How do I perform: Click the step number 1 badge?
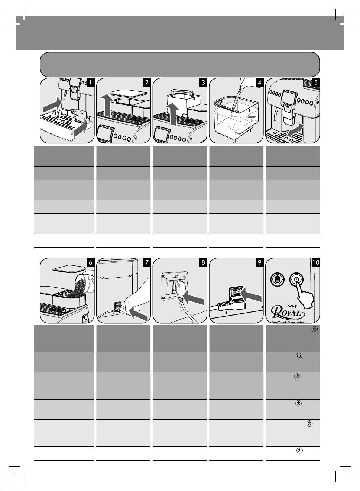point(90,83)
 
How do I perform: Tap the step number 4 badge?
point(259,83)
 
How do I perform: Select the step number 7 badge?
point(147,262)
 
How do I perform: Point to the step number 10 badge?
point(316,262)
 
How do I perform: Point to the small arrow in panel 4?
point(252,117)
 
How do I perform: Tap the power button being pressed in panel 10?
point(296,279)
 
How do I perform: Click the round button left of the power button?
point(276,279)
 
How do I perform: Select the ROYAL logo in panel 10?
point(286,310)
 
